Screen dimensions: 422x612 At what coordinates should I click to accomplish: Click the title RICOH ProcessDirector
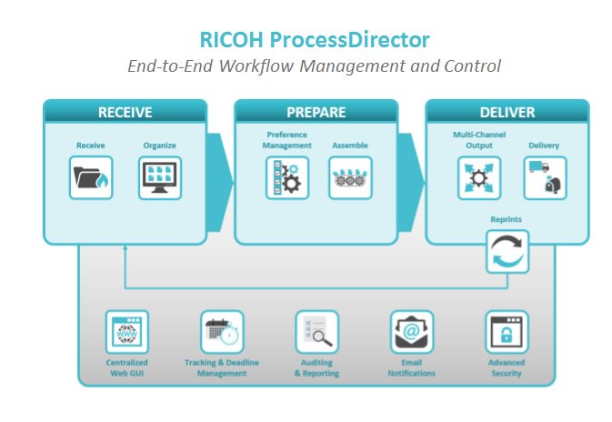(314, 40)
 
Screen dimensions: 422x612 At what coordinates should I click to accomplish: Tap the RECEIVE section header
(125, 113)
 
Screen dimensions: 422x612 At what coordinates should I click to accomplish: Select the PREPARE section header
(316, 113)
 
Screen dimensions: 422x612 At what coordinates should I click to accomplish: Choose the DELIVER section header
(507, 113)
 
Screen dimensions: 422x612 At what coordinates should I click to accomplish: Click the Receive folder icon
(91, 178)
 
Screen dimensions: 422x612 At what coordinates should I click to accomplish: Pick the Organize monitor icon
(159, 178)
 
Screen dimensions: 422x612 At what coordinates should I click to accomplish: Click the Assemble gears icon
(350, 178)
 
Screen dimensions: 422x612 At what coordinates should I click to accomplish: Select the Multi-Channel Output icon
(478, 178)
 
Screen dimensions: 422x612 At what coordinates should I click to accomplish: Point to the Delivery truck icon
(544, 178)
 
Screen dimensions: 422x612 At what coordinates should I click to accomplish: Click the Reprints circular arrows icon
(507, 252)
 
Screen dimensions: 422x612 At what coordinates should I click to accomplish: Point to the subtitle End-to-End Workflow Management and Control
(314, 66)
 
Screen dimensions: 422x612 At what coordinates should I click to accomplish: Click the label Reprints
(506, 219)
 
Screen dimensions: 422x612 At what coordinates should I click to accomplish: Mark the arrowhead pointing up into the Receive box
(125, 249)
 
